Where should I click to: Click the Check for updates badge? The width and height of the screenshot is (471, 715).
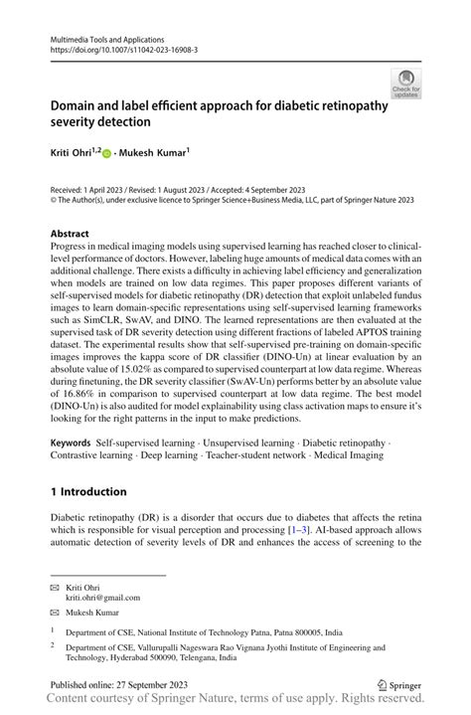[x=406, y=83]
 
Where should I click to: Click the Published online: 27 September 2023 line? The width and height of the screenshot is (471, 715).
[x=124, y=685]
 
